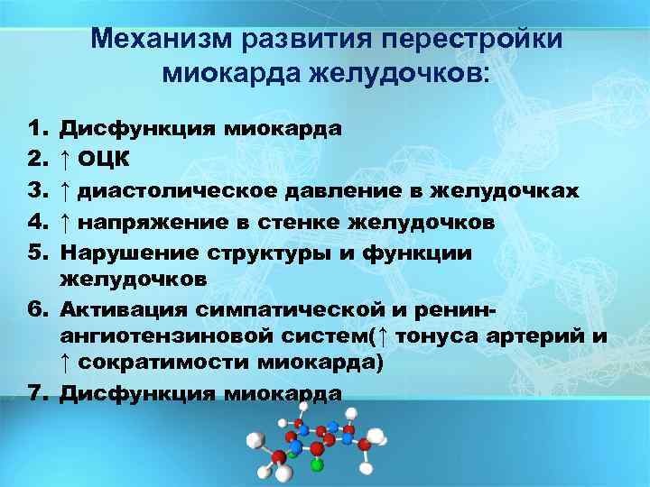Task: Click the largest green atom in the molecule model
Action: pyautogui.click(x=317, y=465)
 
